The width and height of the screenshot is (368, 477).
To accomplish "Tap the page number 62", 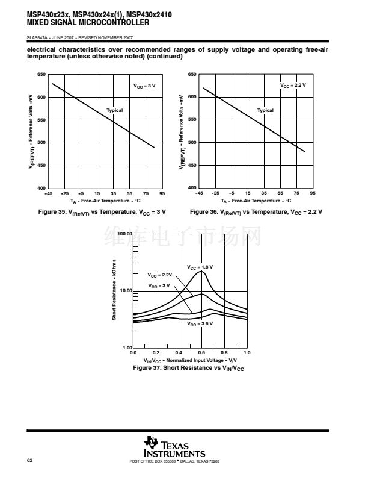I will coord(30,461).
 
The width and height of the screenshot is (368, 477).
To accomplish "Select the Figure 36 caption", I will coord(256,212).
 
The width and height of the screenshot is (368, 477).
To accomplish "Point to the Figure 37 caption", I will coord(188,367).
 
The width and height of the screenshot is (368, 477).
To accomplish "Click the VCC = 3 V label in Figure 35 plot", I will coord(144,86).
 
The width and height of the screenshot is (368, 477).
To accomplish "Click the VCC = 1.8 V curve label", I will coord(200,266).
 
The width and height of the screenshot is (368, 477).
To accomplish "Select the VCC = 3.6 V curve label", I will coord(200,323).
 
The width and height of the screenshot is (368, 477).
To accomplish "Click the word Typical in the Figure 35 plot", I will coord(114,110).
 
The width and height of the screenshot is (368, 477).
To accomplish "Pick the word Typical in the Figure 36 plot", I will coord(265,110).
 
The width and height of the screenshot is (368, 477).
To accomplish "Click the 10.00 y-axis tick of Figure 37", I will coord(125,290).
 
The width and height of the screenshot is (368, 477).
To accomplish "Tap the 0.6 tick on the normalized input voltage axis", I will coord(201,352).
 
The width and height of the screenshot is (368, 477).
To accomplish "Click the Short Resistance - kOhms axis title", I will coord(114,290).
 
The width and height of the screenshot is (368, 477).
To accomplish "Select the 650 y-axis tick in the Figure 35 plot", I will coord(41,75).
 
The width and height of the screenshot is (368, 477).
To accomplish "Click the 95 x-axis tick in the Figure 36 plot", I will coord(313,193).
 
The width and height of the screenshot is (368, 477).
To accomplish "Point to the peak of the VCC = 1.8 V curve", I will coord(201,271).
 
